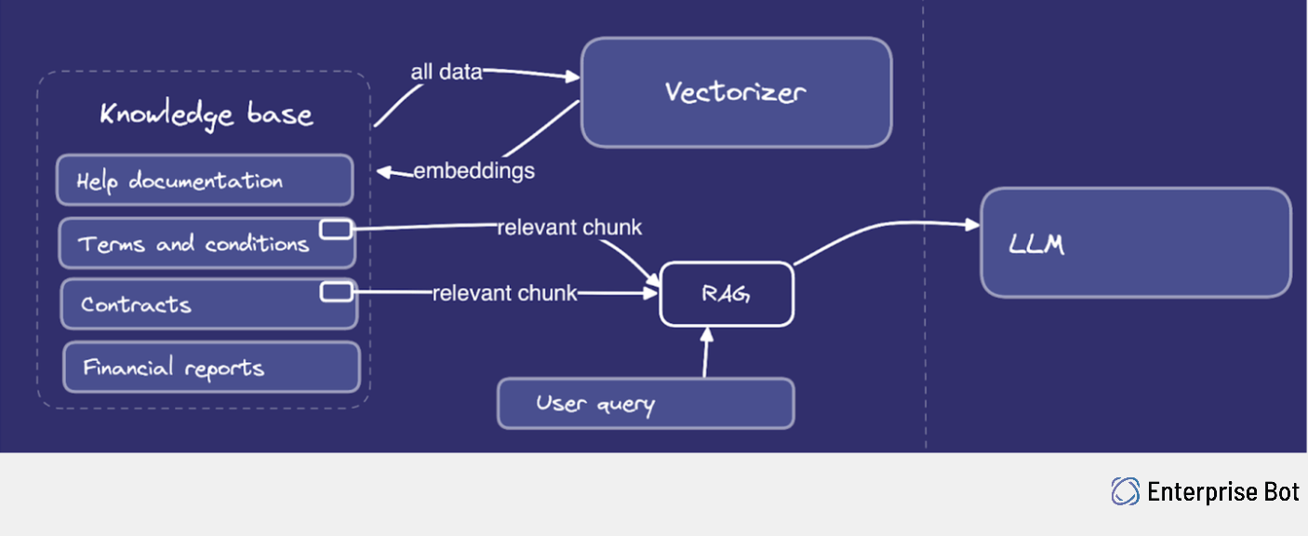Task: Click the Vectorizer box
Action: pyautogui.click(x=736, y=92)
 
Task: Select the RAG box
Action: pyautogui.click(x=727, y=294)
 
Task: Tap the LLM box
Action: pyautogui.click(x=1136, y=243)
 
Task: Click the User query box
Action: pyautogui.click(x=646, y=404)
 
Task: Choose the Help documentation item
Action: pyautogui.click(x=205, y=181)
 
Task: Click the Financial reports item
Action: pyautogui.click(x=211, y=368)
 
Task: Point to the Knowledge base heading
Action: pyautogui.click(x=206, y=114)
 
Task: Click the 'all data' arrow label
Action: pyautogui.click(x=447, y=72)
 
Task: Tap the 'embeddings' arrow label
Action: pyautogui.click(x=474, y=171)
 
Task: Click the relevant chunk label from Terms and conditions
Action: pyautogui.click(x=569, y=228)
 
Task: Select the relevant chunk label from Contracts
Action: pyautogui.click(x=504, y=293)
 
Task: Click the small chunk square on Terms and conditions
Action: pyautogui.click(x=336, y=229)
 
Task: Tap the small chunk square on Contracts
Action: pyautogui.click(x=336, y=292)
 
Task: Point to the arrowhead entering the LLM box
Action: pyautogui.click(x=973, y=225)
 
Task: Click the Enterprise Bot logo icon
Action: pyautogui.click(x=1126, y=491)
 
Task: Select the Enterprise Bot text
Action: pyautogui.click(x=1223, y=491)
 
